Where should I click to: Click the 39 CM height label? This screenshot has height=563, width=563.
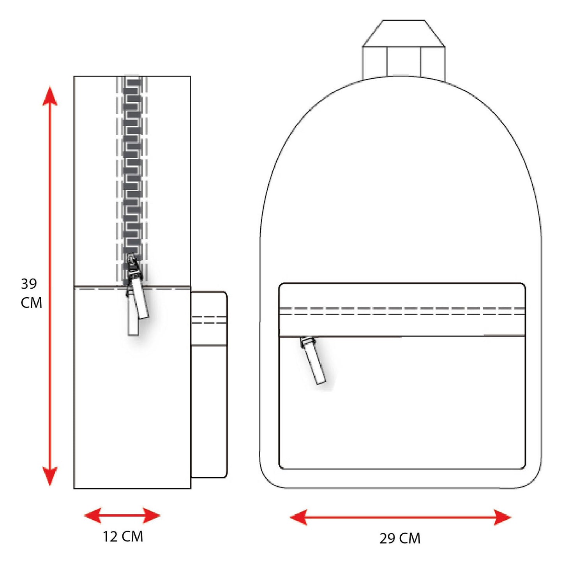click(31, 293)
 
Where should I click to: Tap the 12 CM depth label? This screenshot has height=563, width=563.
click(123, 537)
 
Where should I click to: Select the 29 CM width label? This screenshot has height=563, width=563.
click(400, 538)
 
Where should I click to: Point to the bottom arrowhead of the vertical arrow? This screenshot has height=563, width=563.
click(50, 476)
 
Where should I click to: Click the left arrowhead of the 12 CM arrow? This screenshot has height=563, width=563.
click(93, 515)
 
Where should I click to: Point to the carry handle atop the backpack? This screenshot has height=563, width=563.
click(404, 49)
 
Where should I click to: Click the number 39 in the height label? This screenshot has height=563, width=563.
click(29, 284)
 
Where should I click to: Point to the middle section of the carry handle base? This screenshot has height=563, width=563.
click(404, 61)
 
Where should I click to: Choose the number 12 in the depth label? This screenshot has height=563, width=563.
click(110, 537)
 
